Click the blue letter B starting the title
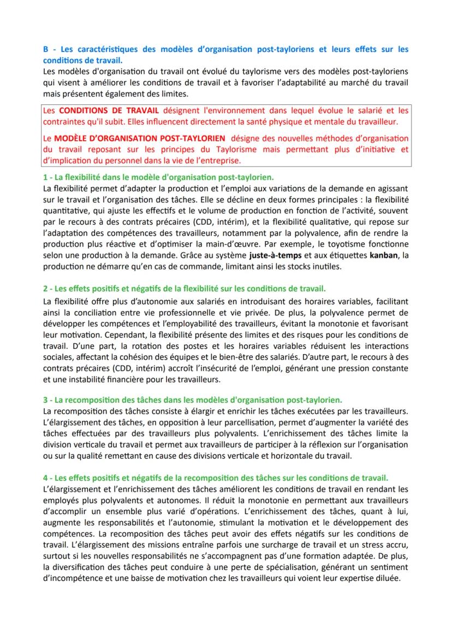[45, 49]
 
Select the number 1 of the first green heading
[44, 178]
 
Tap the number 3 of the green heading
[45, 400]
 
